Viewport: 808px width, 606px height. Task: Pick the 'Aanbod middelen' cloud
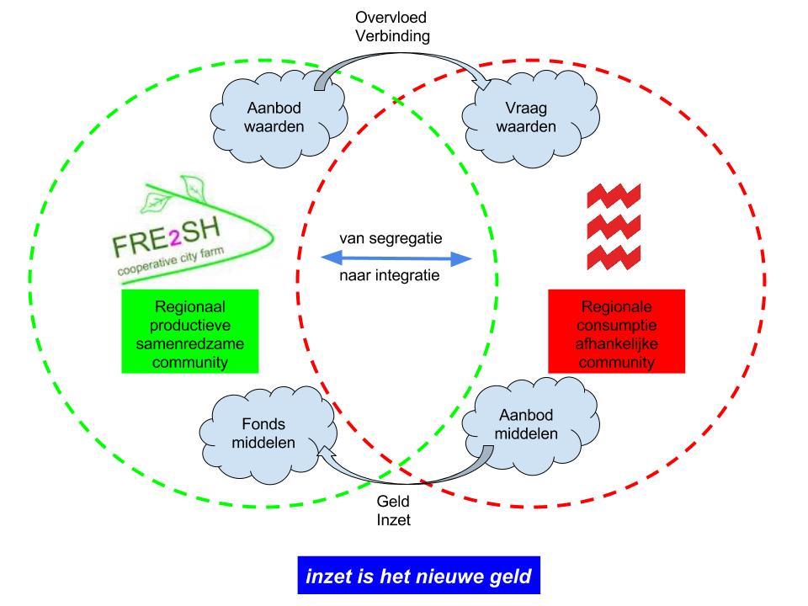(x=525, y=425)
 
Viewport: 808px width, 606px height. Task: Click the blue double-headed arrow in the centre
(x=396, y=258)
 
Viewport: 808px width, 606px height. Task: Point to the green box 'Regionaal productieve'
(x=189, y=332)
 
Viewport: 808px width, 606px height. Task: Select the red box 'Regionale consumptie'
(x=616, y=332)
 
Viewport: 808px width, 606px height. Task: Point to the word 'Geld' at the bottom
(x=393, y=502)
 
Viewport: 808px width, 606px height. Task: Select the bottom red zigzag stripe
(x=613, y=254)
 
